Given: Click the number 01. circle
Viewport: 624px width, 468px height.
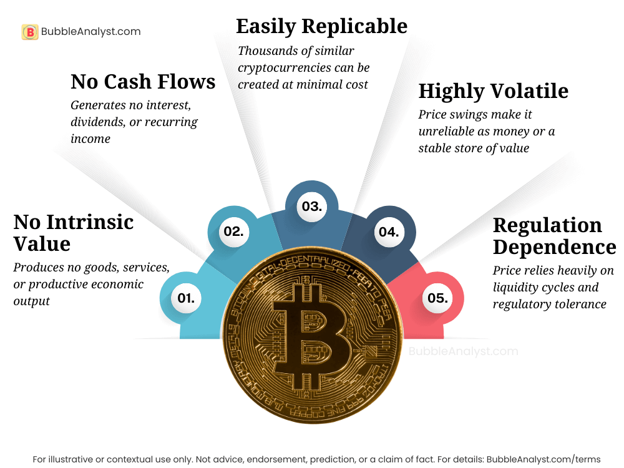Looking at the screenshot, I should (x=186, y=298).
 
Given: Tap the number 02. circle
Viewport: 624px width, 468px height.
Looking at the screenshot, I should (x=233, y=232).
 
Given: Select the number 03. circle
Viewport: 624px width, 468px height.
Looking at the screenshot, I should (x=311, y=207).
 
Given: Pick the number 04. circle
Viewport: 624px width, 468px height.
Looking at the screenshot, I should (x=389, y=232).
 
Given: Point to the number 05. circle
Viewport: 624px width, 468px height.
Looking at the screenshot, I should (x=437, y=298).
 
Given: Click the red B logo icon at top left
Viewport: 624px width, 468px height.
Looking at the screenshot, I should (x=29, y=32).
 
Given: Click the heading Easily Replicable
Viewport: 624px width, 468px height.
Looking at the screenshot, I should (x=321, y=26).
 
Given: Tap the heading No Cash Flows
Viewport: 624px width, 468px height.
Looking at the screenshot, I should (x=143, y=81).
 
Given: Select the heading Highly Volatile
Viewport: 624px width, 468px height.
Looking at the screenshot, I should (x=493, y=91).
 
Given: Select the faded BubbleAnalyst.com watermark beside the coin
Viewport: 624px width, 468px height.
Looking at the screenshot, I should (x=463, y=351).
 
